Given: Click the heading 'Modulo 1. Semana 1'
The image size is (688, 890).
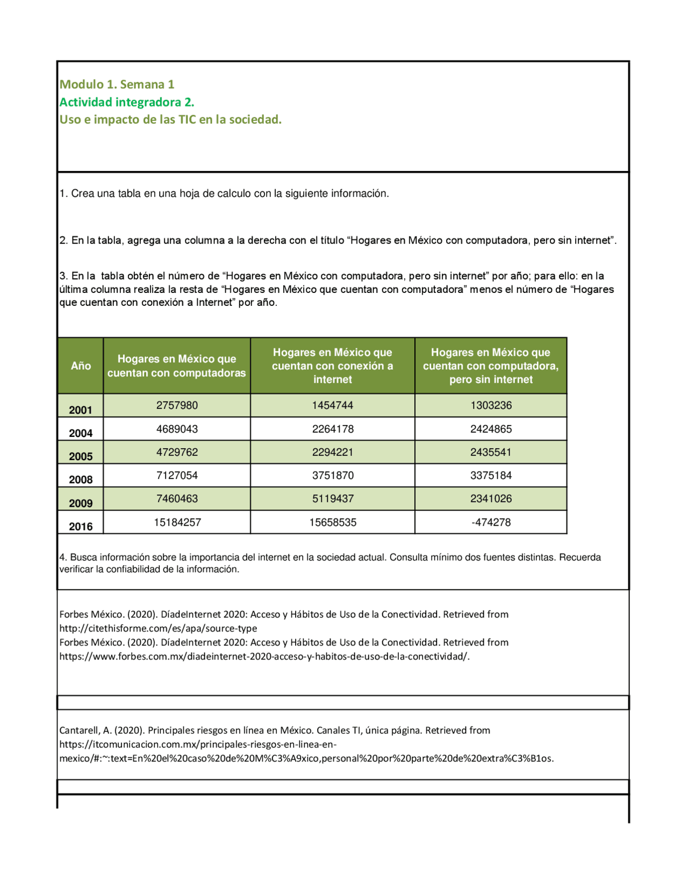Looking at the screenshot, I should pyautogui.click(x=117, y=84).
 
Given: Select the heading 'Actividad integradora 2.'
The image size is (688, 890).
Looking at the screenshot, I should pyautogui.click(x=126, y=102).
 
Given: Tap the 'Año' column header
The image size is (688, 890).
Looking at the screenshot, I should pyautogui.click(x=81, y=366).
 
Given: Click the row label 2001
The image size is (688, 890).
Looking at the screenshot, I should pyautogui.click(x=81, y=410).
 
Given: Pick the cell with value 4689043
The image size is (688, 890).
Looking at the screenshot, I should pyautogui.click(x=177, y=429).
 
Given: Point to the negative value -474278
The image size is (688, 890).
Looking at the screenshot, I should pyautogui.click(x=491, y=522).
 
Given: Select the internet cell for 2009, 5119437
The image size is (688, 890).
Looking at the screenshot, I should pyautogui.click(x=333, y=499).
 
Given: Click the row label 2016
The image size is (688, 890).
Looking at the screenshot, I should pyautogui.click(x=81, y=527).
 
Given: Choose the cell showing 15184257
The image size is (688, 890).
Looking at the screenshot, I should pyautogui.click(x=177, y=522).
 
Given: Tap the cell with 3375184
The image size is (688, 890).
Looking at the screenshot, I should pyautogui.click(x=491, y=476).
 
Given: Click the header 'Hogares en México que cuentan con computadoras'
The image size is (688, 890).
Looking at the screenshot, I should pyautogui.click(x=177, y=366).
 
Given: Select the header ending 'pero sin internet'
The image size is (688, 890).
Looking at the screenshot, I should pyautogui.click(x=491, y=366).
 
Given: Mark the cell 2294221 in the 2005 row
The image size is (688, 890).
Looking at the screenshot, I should pyautogui.click(x=333, y=453).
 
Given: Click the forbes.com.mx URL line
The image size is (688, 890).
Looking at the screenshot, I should pyautogui.click(x=264, y=656).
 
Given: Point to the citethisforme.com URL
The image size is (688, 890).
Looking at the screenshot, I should pyautogui.click(x=158, y=628).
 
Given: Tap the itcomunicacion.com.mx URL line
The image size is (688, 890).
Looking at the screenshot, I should pyautogui.click(x=198, y=744).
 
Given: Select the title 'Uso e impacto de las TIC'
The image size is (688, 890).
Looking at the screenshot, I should pyautogui.click(x=170, y=120).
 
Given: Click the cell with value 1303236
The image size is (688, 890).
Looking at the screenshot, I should pyautogui.click(x=491, y=406).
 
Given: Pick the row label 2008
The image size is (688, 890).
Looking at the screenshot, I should pyautogui.click(x=81, y=480).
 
